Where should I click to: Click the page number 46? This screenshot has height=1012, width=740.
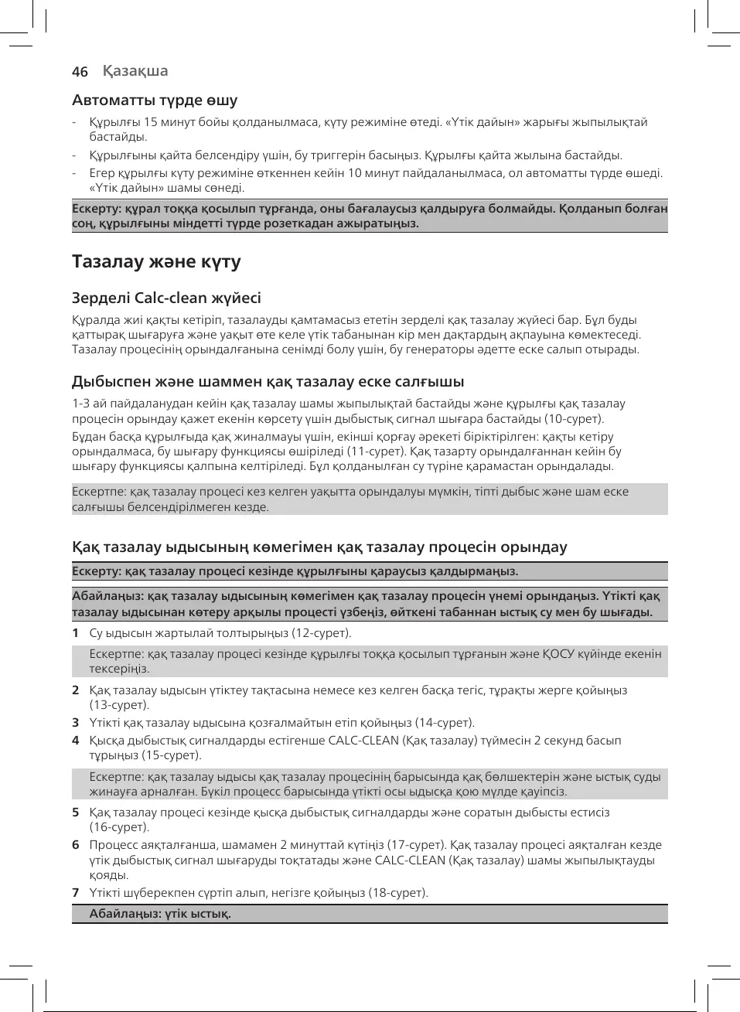(80, 72)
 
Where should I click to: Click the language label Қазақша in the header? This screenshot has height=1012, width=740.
(135, 71)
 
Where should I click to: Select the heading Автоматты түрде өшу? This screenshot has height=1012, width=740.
(155, 100)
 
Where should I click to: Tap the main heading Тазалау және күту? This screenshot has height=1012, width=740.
(156, 261)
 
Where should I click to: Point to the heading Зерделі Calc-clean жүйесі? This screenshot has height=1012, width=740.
(166, 298)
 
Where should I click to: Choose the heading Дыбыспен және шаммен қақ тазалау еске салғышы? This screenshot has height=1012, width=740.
(268, 381)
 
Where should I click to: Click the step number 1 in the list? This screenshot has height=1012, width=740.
(75, 633)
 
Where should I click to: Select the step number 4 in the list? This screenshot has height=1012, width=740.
(75, 741)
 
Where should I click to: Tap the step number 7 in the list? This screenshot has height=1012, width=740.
(75, 893)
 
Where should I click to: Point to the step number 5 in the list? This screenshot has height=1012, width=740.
(75, 813)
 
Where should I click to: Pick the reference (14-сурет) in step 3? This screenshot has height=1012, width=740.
(445, 723)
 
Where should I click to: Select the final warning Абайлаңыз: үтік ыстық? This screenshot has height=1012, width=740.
(160, 914)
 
